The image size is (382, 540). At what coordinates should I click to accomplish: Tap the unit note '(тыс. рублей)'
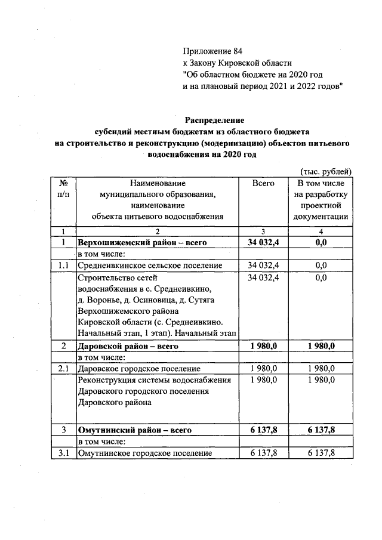(326, 171)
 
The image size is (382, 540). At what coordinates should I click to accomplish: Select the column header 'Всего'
(263, 183)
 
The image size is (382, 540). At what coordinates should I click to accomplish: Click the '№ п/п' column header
(63, 189)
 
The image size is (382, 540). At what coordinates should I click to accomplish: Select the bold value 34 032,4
(263, 243)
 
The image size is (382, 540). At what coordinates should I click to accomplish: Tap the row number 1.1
(63, 265)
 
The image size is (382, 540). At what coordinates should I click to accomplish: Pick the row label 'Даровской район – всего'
(128, 345)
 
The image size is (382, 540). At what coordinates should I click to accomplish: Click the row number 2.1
(63, 368)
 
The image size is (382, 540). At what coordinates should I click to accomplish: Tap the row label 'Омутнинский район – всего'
(133, 430)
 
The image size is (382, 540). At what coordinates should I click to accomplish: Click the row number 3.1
(63, 453)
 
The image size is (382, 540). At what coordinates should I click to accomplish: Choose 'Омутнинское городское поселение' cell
(145, 453)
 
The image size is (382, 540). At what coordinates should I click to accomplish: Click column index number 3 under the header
(263, 231)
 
